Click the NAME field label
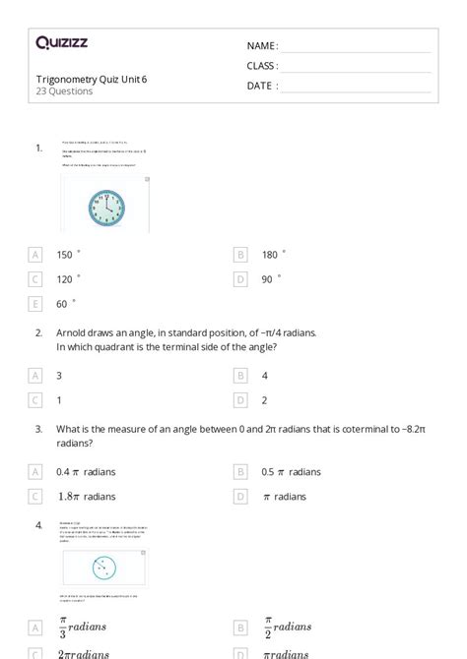(x=261, y=46)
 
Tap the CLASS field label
(x=261, y=66)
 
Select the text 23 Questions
(x=64, y=91)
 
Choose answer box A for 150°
(x=35, y=254)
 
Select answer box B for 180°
(x=239, y=254)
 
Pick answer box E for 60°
(x=35, y=304)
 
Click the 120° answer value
(x=65, y=279)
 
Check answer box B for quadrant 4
(x=239, y=375)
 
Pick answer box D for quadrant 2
(x=239, y=400)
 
